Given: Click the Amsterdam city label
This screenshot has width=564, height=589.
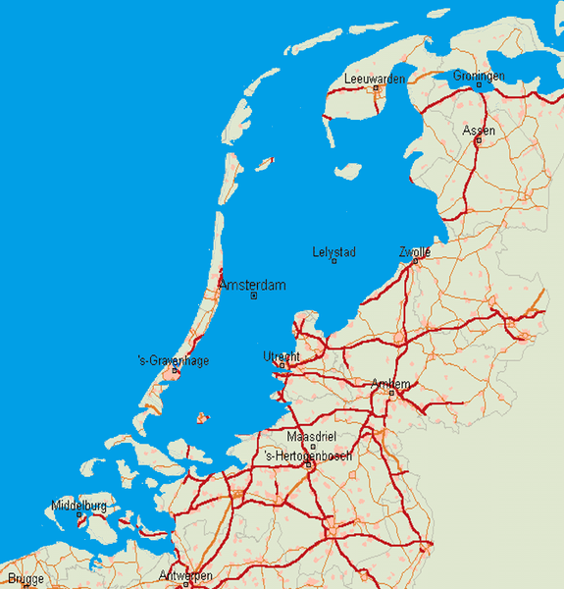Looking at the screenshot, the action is pos(253,285).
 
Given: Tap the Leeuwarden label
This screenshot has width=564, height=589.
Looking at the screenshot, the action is pos(375,79).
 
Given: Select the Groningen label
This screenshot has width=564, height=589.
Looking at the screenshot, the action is pos(479,76).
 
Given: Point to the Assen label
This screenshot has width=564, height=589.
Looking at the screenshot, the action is pos(479,131).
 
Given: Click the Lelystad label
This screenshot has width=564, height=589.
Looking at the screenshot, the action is pos(333,252).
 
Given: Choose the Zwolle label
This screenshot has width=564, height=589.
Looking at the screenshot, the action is pos(415,252).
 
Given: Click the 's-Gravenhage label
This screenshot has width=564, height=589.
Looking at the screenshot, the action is pos(174,360).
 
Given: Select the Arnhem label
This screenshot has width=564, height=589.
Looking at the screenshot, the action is pos(391,384).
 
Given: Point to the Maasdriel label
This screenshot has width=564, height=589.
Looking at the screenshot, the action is pos(311,436).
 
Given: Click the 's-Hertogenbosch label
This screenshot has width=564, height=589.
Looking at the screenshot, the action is pos(308,455).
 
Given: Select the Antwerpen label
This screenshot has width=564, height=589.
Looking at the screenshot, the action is pos(185,575).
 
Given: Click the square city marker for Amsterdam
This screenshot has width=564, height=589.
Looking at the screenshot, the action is pos(254,295).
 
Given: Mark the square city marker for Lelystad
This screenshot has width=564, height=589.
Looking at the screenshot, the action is pos(334,262).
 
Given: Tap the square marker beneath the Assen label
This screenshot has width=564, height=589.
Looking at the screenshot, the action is pos(478,140).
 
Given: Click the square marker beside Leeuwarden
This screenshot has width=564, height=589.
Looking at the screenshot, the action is pos(376,88).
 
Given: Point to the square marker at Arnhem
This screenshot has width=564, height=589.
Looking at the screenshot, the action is pos(390,394).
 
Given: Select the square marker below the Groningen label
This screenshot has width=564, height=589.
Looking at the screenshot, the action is pos(479,85).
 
